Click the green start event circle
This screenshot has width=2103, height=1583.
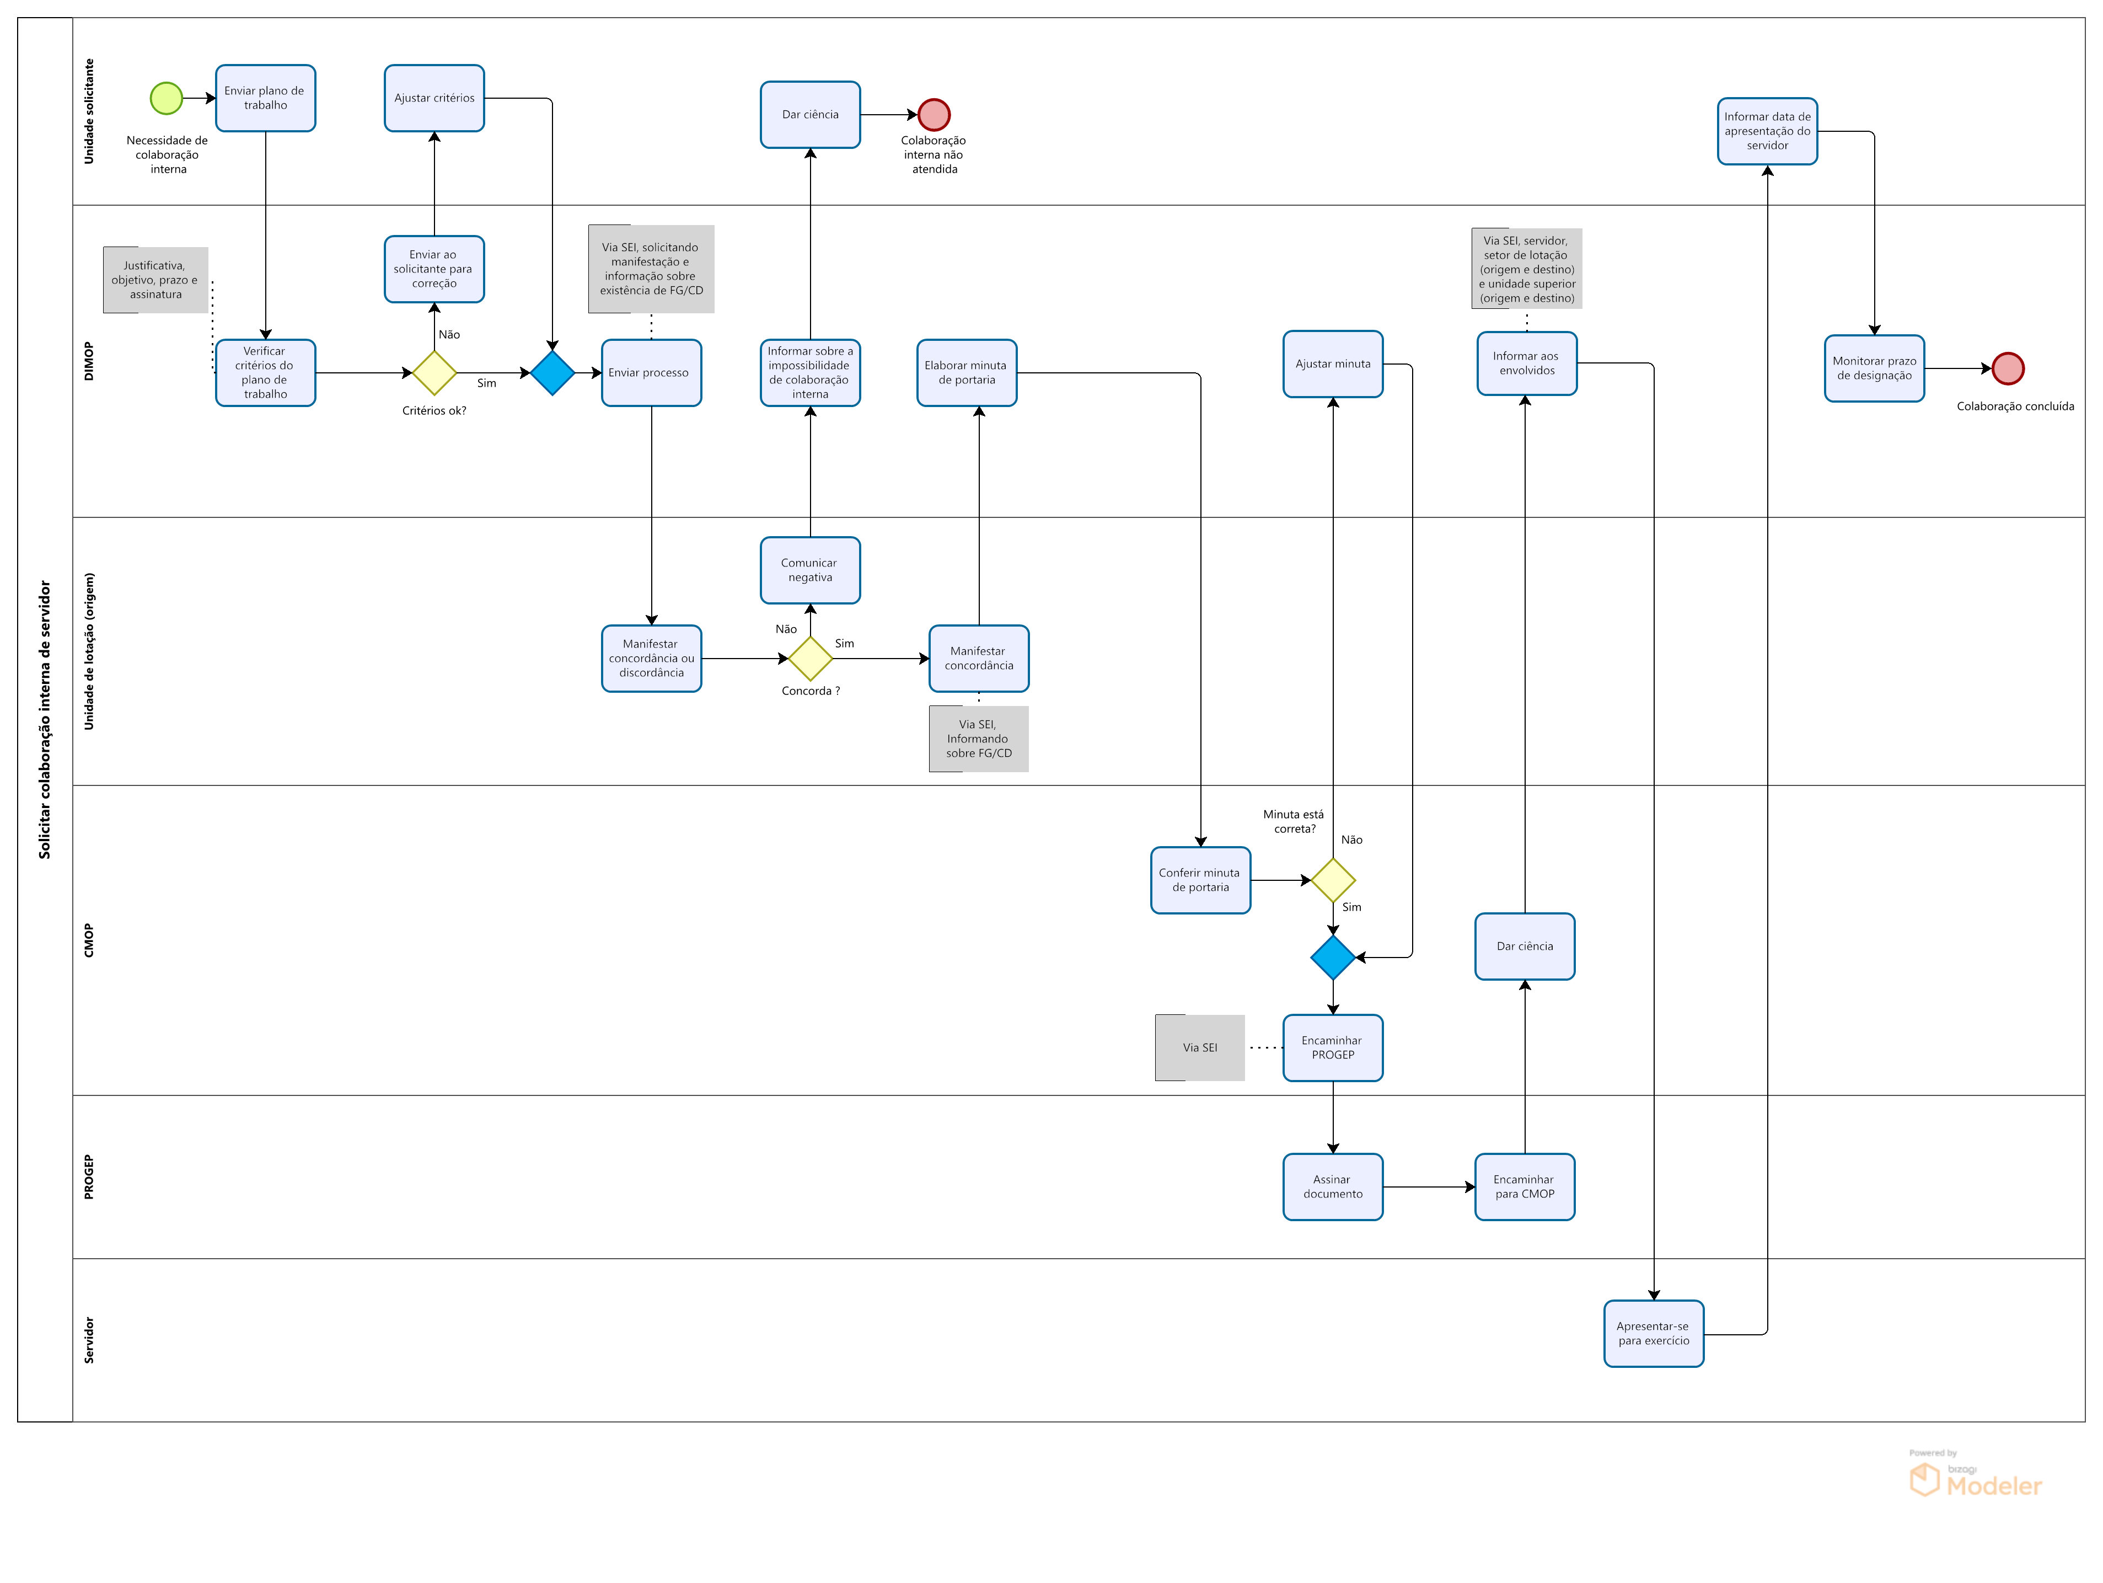[x=167, y=98]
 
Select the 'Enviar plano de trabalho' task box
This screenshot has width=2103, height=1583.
[x=265, y=98]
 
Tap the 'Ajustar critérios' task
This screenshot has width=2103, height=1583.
[x=434, y=98]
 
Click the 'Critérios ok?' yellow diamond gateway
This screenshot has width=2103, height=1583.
[x=434, y=373]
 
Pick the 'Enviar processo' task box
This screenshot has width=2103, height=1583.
[x=651, y=373]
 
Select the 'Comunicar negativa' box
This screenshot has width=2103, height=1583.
[x=810, y=570]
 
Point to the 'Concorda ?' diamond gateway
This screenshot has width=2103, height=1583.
[x=810, y=658]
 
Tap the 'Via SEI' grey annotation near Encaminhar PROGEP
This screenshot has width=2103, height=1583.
[x=1200, y=1048]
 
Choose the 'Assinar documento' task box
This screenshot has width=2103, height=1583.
[x=1333, y=1186]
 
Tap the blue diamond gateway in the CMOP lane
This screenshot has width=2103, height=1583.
[x=1333, y=958]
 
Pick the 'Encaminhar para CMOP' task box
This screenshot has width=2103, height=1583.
[x=1525, y=1186]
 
